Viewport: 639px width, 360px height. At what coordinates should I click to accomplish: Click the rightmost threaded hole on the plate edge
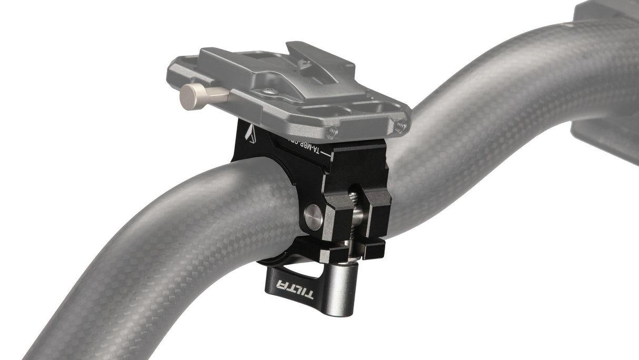401,125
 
